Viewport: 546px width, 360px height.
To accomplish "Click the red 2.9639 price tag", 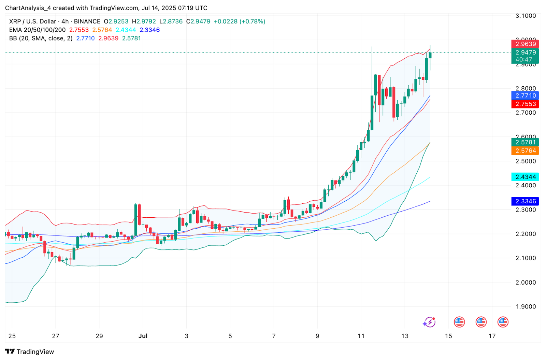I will (525, 44).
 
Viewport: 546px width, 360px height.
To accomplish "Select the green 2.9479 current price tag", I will (525, 53).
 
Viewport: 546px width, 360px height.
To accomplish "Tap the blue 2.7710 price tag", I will (525, 96).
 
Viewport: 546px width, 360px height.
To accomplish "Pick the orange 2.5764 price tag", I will (525, 151).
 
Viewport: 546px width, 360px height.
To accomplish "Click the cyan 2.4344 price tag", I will (525, 177).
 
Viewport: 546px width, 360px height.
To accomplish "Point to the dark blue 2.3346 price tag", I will (525, 201).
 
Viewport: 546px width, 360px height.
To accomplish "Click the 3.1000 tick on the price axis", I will (526, 16).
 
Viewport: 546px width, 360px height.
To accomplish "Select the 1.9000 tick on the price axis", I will (526, 306).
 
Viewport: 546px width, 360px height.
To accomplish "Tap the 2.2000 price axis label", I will (526, 234).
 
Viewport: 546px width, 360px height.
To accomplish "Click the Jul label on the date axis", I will (143, 336).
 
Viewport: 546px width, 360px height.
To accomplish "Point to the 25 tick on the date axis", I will (12, 336).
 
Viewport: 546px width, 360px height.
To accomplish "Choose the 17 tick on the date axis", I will (492, 336).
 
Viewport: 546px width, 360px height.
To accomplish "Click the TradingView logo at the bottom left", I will (30, 352).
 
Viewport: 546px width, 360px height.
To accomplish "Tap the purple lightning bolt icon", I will (429, 322).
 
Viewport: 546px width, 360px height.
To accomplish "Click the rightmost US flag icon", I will (503, 322).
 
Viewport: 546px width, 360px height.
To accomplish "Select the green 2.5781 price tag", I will (525, 142).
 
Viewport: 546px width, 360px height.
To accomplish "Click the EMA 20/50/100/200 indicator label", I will (37, 30).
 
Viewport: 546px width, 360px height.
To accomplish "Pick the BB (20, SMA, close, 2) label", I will (41, 39).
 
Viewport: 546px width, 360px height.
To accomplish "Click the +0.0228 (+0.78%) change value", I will (239, 21).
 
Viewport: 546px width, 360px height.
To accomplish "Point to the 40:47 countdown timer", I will (524, 60).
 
